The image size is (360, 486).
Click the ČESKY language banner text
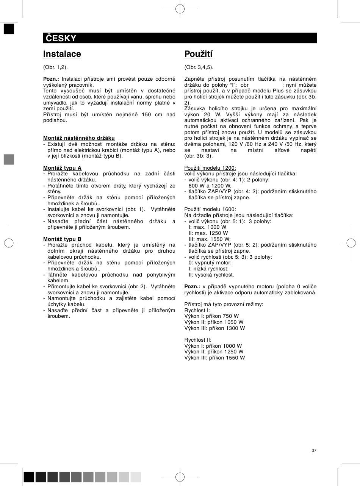click(x=61, y=38)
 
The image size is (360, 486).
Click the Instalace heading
click(x=62, y=54)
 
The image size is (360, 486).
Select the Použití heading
click(x=199, y=54)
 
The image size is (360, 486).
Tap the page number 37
click(x=314, y=450)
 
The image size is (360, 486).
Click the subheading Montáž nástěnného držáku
click(x=79, y=138)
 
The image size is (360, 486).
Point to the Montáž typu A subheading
click(x=63, y=168)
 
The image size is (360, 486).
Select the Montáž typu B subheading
click(x=63, y=239)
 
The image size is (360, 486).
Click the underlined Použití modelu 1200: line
click(x=210, y=168)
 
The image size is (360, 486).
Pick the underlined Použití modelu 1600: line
click(x=210, y=209)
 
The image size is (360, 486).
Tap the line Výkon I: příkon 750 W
click(x=211, y=316)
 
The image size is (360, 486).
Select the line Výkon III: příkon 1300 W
click(x=214, y=328)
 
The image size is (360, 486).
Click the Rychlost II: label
click(x=198, y=340)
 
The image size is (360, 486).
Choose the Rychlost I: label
click(x=197, y=310)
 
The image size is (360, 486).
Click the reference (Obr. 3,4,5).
click(x=199, y=67)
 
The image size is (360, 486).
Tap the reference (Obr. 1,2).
click(x=55, y=67)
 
